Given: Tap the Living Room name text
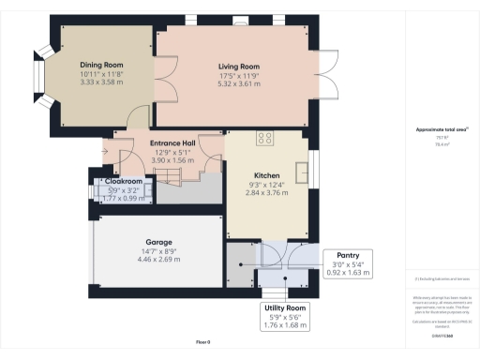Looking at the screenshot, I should point(237,67).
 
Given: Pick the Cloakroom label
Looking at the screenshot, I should point(123,181).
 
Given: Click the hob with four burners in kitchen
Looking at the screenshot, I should point(264,139).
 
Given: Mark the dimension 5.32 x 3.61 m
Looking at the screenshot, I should point(237,83).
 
